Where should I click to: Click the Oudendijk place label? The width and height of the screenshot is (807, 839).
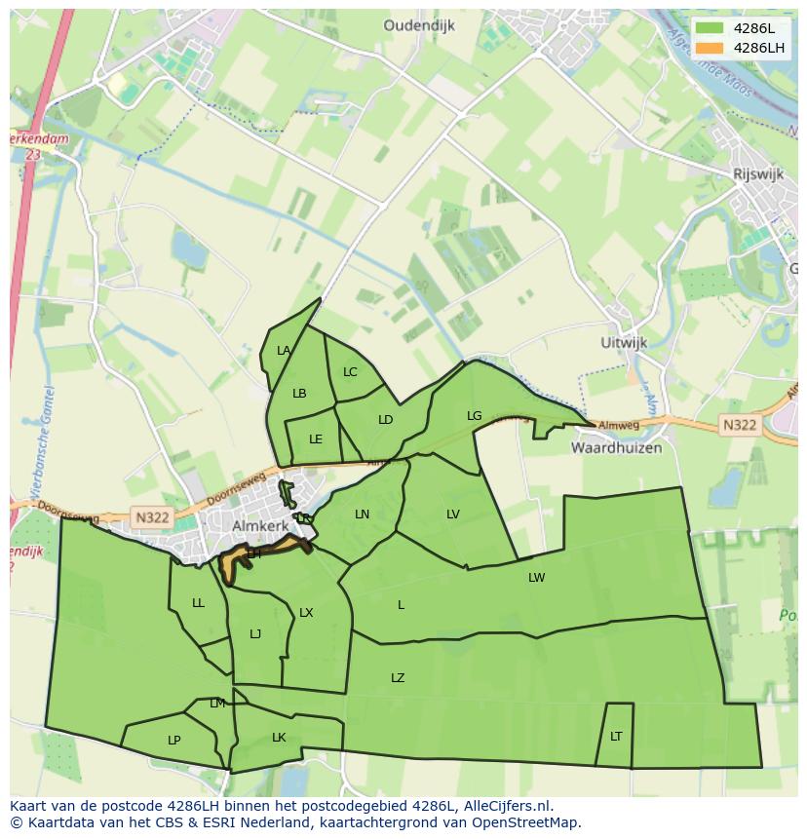[x=419, y=26]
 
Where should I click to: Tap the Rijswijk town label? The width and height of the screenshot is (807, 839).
[x=758, y=173]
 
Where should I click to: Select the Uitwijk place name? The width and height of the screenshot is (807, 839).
[x=624, y=344]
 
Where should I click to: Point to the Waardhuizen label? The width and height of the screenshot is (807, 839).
[x=616, y=448]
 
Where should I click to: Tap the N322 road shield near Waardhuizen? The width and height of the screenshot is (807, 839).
[x=739, y=425]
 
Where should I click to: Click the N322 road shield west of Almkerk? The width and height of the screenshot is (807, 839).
[x=152, y=517]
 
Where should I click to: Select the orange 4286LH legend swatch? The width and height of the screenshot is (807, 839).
[x=710, y=48]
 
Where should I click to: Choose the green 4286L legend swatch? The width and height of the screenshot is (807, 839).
[x=710, y=28]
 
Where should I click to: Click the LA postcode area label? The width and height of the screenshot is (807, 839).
[x=284, y=351]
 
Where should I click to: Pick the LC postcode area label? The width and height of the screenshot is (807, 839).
[x=350, y=372]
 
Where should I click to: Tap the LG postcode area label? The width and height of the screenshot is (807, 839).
[x=474, y=416]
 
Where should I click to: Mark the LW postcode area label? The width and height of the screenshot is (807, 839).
[x=536, y=578]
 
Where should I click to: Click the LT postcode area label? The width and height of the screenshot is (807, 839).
[x=616, y=737]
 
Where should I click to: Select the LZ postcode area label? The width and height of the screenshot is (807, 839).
[x=398, y=678]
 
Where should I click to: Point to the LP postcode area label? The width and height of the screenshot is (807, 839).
[x=173, y=741]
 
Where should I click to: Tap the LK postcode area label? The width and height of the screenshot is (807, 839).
[x=279, y=738]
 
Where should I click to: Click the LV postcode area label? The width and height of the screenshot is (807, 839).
[x=453, y=515]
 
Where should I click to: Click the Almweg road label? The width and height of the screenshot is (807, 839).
[x=618, y=426]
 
